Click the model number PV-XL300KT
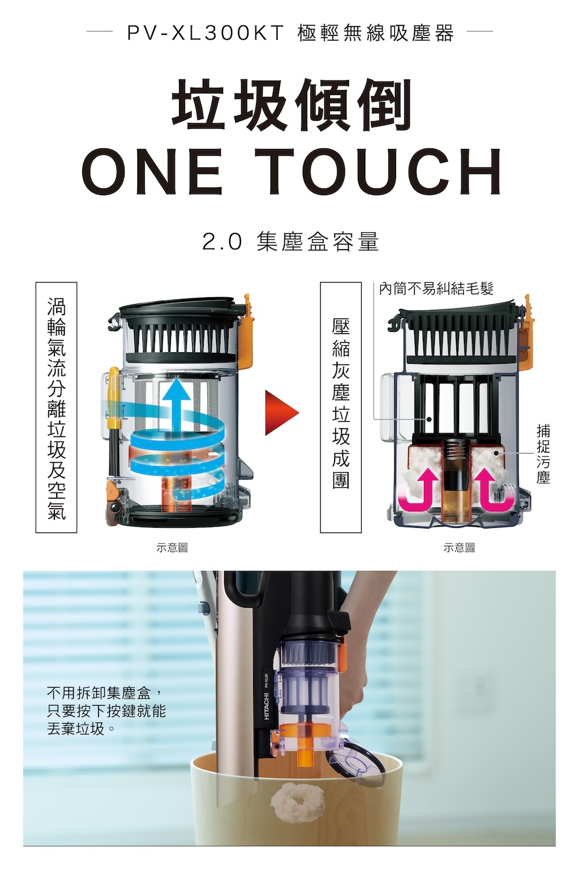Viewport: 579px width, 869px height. (x=206, y=33)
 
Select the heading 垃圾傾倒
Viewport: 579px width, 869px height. (x=291, y=104)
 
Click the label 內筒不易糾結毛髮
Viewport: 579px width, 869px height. (x=437, y=289)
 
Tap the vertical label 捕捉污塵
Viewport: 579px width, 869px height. (x=543, y=454)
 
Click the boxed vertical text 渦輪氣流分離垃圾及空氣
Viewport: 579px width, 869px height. (x=57, y=408)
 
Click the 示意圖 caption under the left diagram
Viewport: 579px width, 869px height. (x=172, y=548)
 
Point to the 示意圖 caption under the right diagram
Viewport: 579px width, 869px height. (x=459, y=548)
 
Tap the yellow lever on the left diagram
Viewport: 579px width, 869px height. (x=115, y=397)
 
